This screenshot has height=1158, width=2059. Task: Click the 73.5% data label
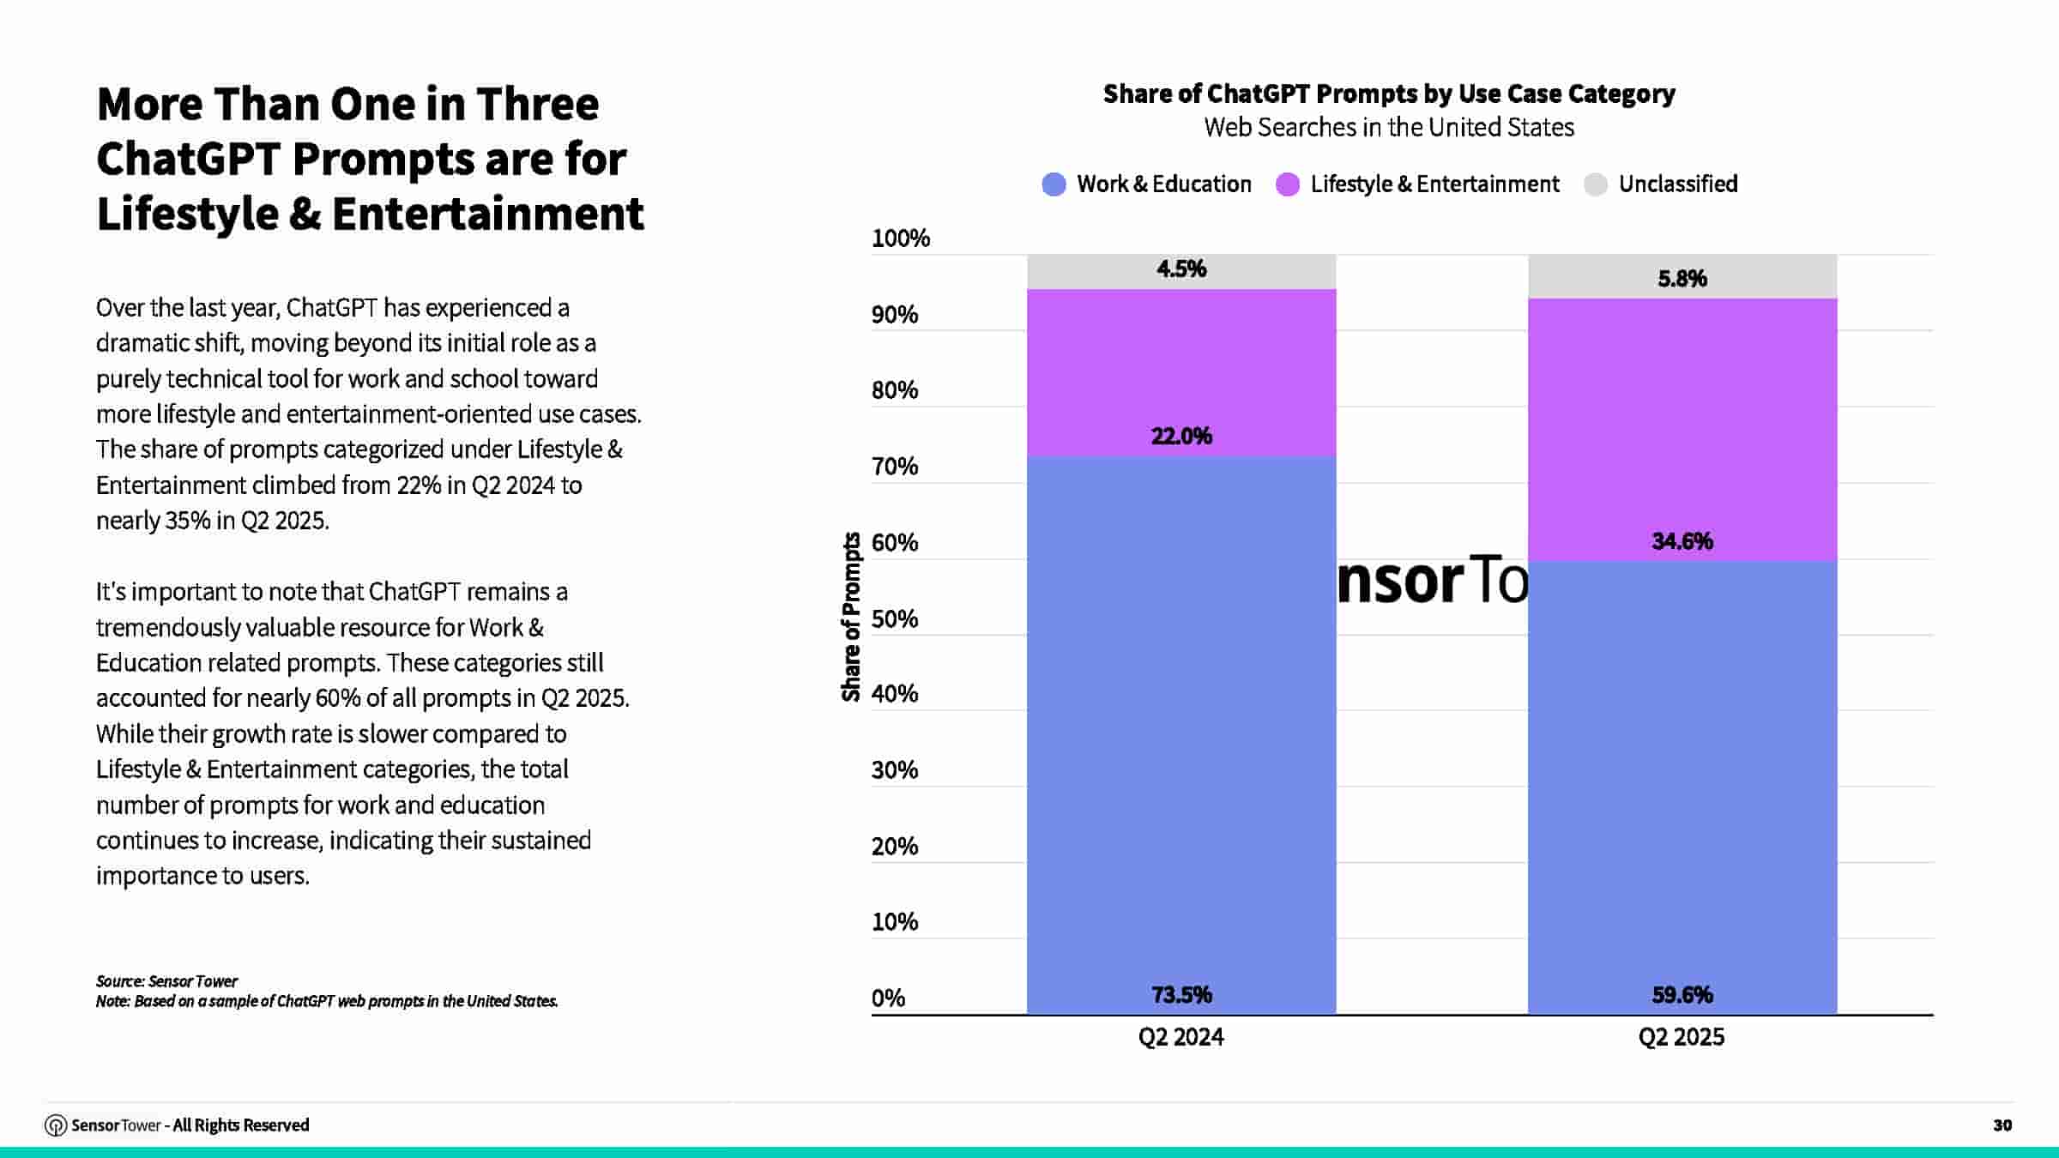(x=1181, y=995)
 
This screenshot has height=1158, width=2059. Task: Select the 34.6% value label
(x=1682, y=541)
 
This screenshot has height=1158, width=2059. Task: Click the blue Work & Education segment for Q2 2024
(x=1181, y=729)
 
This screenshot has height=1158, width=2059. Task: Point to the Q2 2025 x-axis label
(x=1682, y=1037)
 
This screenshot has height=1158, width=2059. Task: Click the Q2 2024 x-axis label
(x=1181, y=1037)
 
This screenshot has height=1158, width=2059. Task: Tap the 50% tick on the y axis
(x=894, y=618)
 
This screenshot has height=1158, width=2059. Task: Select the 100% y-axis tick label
(x=900, y=238)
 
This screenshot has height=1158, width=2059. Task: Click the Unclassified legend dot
(x=1596, y=184)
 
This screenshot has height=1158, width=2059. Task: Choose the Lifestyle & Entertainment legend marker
(x=1288, y=184)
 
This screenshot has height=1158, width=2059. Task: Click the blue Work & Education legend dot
(x=1054, y=184)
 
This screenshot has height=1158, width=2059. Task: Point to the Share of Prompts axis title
(x=851, y=617)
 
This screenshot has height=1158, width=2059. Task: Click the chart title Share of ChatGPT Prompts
(x=1389, y=93)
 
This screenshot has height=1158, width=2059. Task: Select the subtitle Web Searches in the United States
(x=1389, y=128)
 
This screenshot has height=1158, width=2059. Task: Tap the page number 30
(x=2002, y=1125)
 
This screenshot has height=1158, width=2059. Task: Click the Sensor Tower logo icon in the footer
(x=56, y=1125)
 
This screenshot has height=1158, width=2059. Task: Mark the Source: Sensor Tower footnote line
(x=166, y=981)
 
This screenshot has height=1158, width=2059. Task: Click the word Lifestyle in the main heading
(x=187, y=214)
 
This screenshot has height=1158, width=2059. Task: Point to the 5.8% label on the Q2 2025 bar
(x=1682, y=279)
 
